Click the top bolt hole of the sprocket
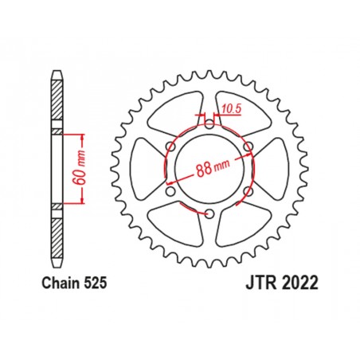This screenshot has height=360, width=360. pos(208,122)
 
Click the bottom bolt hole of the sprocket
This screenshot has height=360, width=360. pos(208,213)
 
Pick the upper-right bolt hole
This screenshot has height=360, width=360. pos(248,145)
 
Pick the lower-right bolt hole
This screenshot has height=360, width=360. pos(248,190)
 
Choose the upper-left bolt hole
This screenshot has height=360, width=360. pos(169,145)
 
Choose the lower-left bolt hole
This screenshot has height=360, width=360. pos(169,190)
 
